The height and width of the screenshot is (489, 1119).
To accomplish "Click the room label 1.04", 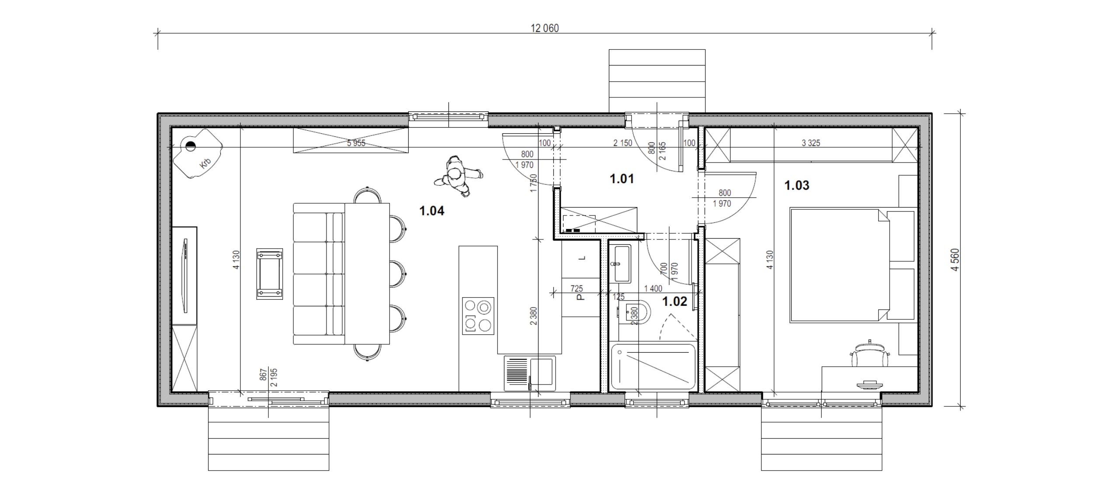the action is pos(431,211).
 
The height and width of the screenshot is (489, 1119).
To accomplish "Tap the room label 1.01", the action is pos(622,179).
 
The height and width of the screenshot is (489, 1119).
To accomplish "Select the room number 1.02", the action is pos(674,302).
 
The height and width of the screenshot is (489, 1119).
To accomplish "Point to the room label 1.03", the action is pos(796,185).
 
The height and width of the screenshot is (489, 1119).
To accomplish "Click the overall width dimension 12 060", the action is pos(545,28).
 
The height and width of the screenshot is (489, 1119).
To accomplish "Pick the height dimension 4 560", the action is pos(955,260).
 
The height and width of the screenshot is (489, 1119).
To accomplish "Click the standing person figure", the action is pos(458,177).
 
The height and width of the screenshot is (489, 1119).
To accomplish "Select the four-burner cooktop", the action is pos(478,316).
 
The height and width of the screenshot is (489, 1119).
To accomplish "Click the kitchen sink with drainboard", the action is pos(530,373).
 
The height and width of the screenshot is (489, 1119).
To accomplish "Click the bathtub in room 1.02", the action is pos(653,367).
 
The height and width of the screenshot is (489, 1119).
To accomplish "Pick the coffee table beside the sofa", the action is pos(269,274).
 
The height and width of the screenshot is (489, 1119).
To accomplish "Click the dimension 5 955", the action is pos(356,143).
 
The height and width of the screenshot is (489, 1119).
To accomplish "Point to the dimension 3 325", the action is pos(811,143).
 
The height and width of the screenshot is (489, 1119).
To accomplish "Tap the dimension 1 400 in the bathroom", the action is pos(653,288).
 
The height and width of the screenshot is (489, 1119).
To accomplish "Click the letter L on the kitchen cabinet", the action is pos(582,258).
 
